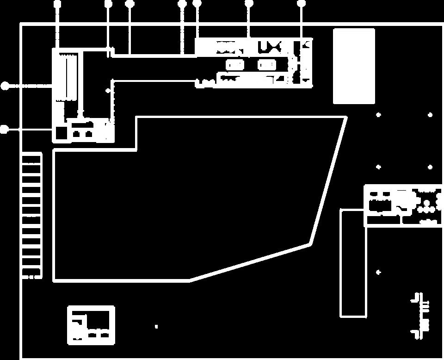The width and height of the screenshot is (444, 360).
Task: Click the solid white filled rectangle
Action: coord(354,66)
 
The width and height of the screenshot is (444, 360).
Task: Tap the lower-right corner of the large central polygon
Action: coord(310,244)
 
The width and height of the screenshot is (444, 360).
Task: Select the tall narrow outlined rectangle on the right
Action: coord(353,263)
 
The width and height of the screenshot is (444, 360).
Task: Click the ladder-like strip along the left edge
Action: coord(31,215)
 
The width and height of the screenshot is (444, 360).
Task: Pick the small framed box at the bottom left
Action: coord(91,325)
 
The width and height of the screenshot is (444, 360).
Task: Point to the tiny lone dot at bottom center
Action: coord(156,327)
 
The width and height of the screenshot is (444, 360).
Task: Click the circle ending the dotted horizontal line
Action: coord(5,86)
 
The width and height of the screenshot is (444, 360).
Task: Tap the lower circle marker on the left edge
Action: coord(4,130)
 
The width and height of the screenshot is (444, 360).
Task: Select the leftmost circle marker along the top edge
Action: coord(57,4)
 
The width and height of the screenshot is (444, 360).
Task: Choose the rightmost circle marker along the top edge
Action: coord(302,3)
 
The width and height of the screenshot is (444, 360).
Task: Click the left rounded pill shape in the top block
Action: coord(234,65)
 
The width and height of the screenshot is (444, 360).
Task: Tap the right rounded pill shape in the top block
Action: coord(267,65)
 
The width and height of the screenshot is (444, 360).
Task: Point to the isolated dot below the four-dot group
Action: coord(378,273)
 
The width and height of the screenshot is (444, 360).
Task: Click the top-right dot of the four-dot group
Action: coord(430,115)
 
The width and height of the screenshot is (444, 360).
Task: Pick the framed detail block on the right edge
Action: coord(403,205)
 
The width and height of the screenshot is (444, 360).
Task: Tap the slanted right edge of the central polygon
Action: coord(328,180)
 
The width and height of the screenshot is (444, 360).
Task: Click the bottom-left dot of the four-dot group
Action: coord(378,167)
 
